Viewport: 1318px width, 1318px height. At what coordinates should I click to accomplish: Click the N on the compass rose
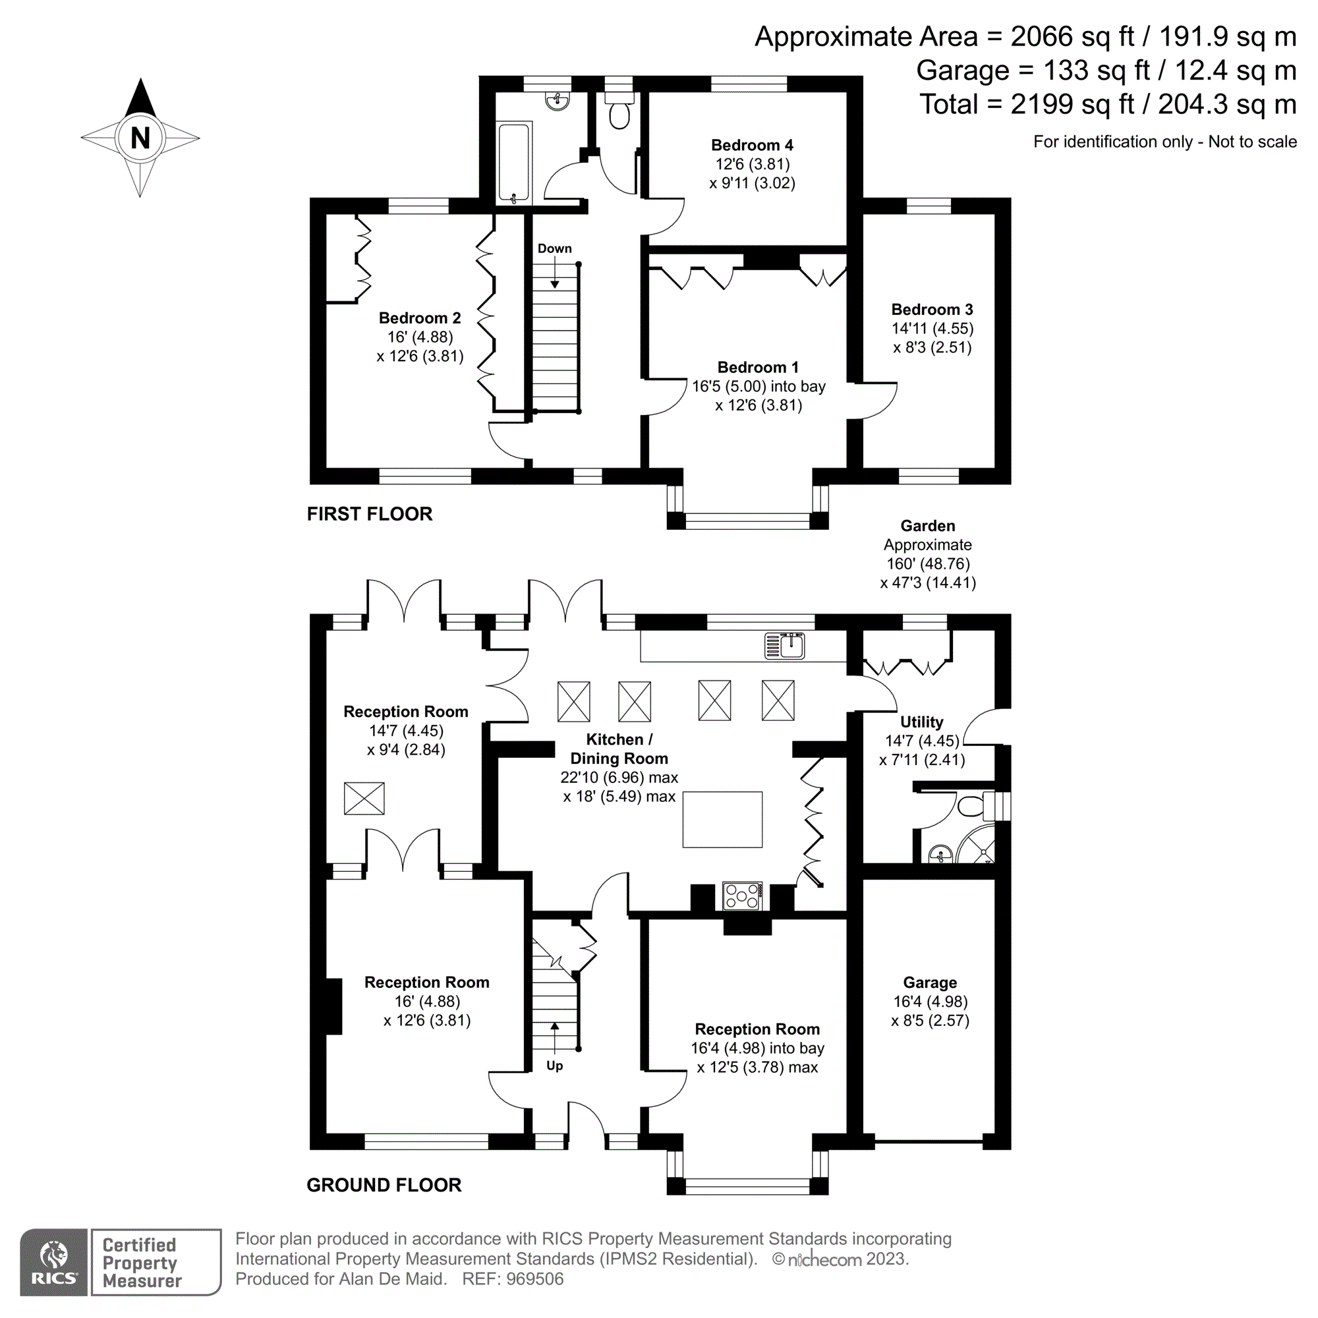coord(140,138)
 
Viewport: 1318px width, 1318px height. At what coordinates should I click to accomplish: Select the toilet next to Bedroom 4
coord(619,114)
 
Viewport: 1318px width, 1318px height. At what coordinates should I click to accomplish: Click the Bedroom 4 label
coord(752,145)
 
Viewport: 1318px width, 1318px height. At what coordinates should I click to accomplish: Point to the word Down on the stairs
coord(554,249)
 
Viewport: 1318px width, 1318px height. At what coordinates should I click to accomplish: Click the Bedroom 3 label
coord(932,310)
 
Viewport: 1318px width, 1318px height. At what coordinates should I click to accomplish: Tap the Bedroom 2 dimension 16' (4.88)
coord(420,337)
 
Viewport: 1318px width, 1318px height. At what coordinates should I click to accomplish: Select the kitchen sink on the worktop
coord(784,645)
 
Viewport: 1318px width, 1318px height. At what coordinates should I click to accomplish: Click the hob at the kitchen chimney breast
coord(742,896)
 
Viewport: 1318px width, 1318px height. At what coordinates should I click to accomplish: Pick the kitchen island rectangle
coord(722,819)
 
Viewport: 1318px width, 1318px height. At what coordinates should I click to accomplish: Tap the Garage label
coord(930,983)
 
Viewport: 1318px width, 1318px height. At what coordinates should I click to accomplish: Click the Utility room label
coord(922,722)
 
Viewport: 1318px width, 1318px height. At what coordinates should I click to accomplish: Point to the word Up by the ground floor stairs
coord(554,1066)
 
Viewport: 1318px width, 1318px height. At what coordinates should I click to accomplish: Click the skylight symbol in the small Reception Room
coord(364,798)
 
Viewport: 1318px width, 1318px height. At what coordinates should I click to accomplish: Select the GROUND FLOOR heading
coord(384,1185)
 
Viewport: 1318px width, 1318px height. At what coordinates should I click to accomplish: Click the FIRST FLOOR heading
coord(369,515)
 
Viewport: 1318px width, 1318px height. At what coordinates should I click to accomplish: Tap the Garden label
coord(928,526)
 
